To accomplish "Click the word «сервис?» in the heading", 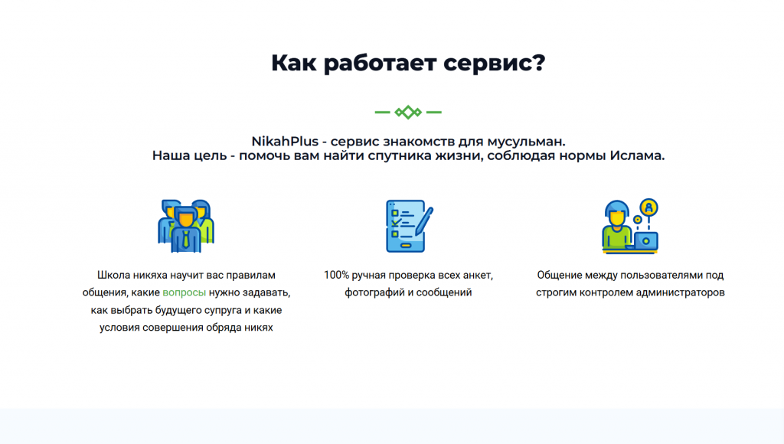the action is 494,64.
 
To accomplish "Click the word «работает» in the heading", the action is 380,64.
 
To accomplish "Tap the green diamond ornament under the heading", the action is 408,112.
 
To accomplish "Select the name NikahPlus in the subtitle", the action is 285,142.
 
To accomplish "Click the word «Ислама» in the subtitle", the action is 635,155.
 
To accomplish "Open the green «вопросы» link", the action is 184,292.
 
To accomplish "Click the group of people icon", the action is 186,226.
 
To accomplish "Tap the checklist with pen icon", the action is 409,226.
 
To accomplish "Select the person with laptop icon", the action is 630,226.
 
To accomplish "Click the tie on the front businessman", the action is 186,239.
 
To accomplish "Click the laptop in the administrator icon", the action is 645,241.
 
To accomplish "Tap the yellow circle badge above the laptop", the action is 649,207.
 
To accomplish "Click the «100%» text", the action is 336,275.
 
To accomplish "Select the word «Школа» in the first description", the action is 113,275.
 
